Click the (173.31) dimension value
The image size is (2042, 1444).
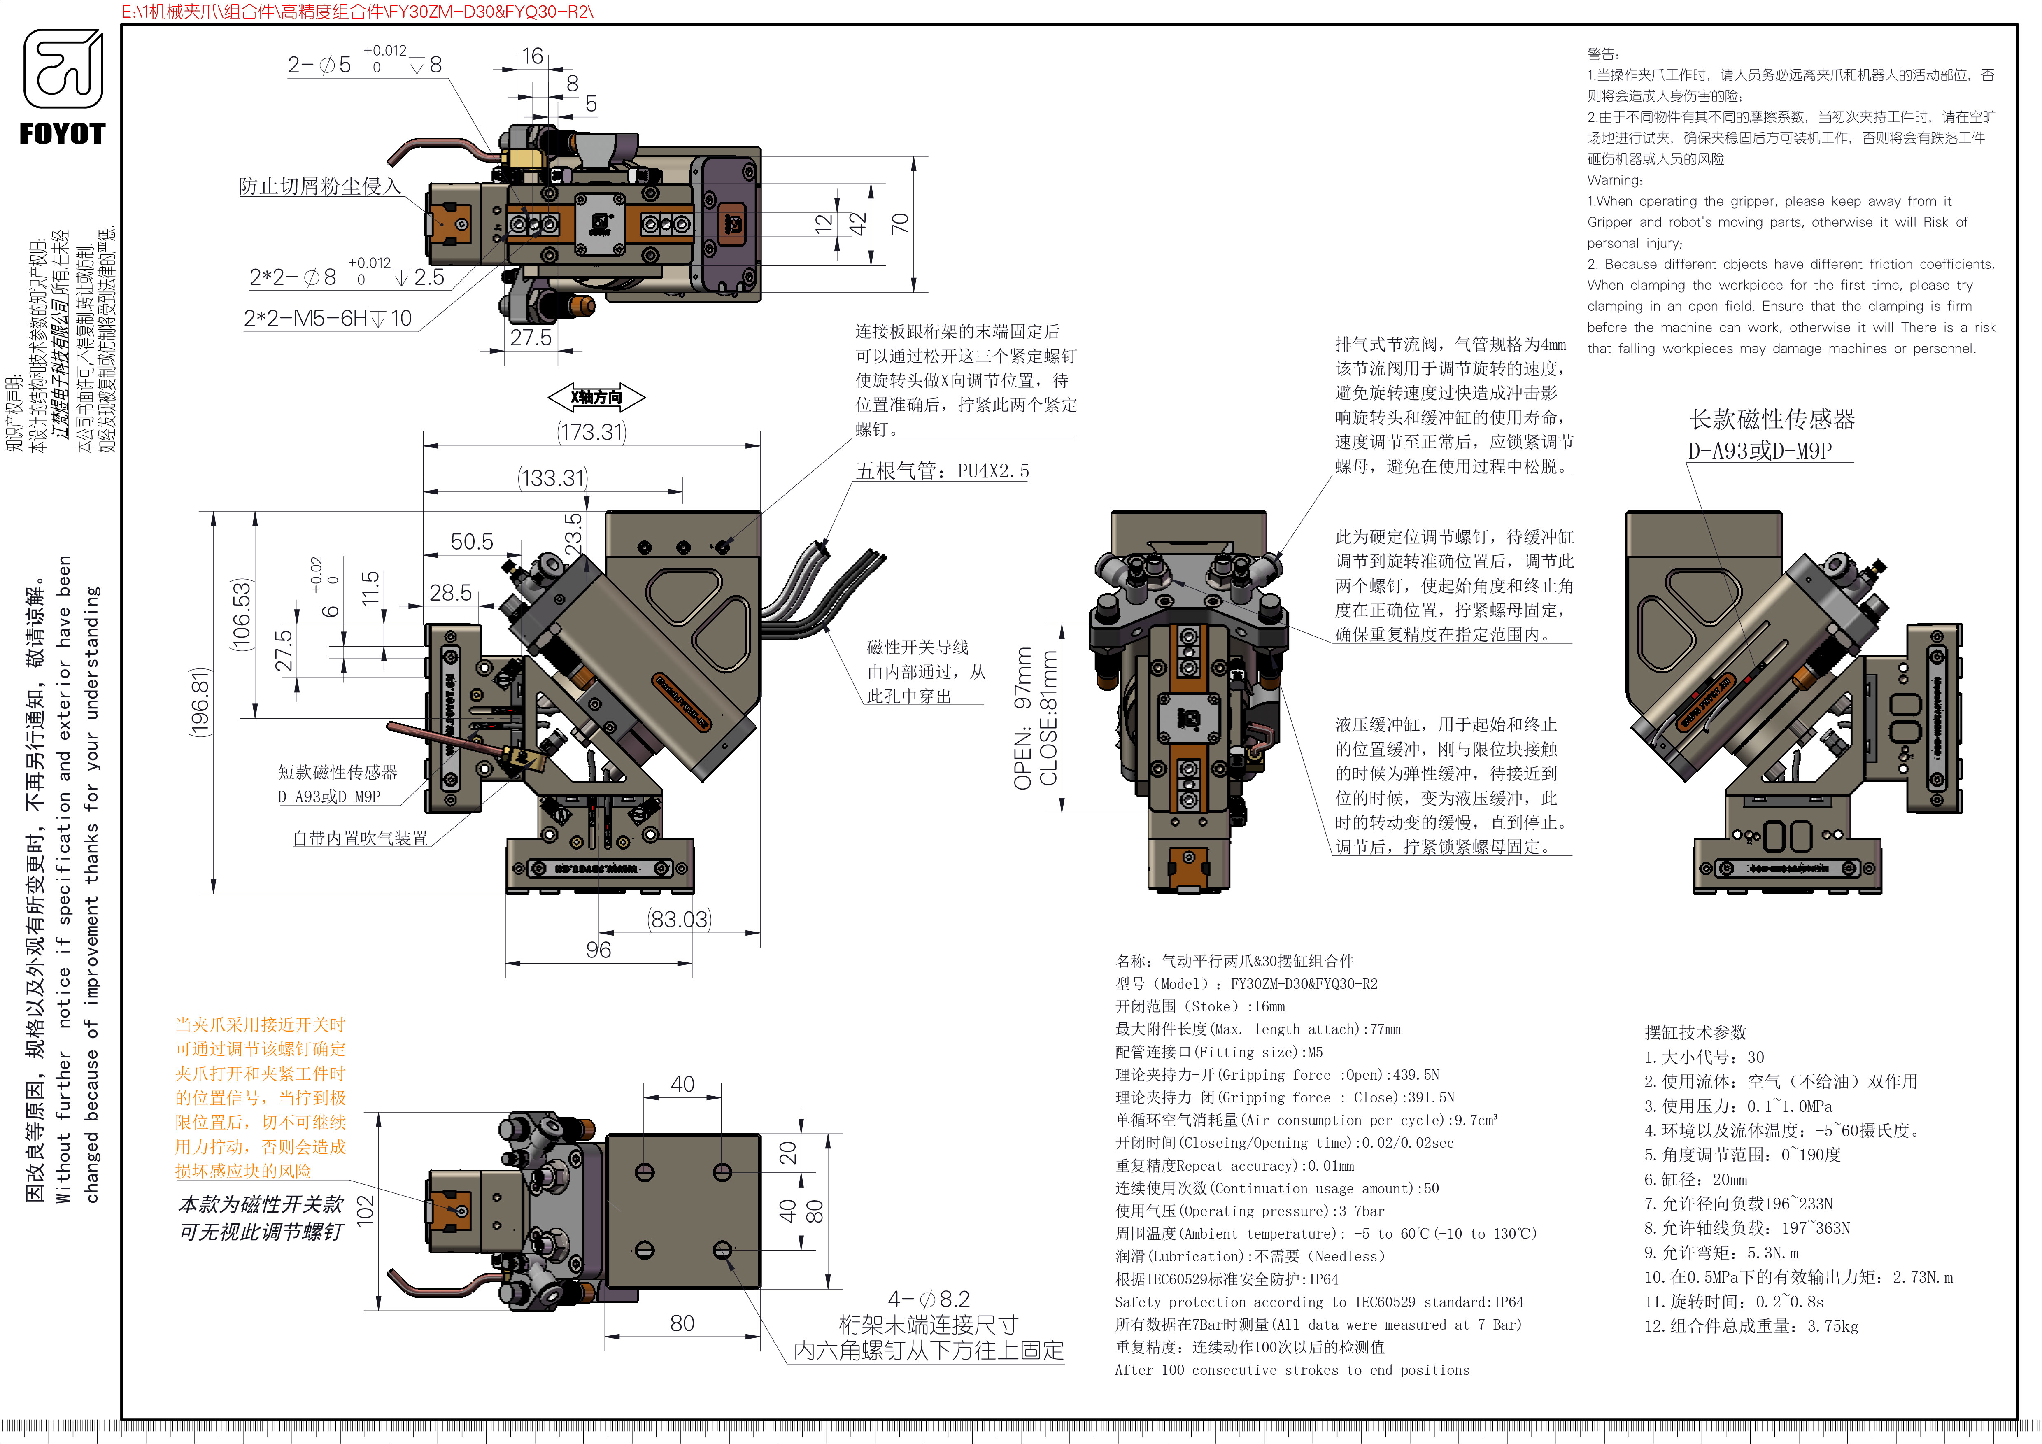[591, 432]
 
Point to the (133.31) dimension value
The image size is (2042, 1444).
[552, 478]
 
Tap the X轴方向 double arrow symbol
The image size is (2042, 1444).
[596, 396]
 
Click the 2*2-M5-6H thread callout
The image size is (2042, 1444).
[327, 318]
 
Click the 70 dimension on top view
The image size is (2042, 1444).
[900, 223]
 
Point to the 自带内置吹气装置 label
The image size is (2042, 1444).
[360, 838]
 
